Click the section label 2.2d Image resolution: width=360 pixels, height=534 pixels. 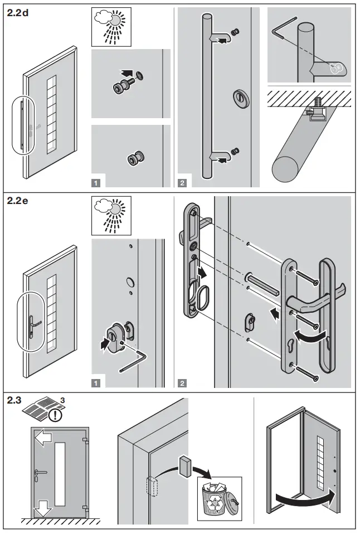18,13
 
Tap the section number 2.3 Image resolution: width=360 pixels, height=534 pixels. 14,400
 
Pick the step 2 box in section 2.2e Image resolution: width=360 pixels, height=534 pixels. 182,382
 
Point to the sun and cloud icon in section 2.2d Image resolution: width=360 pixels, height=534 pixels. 110,26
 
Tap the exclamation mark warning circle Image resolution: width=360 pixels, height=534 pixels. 53,416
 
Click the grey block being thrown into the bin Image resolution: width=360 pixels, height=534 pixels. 186,464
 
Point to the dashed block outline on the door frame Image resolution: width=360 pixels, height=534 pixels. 153,484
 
